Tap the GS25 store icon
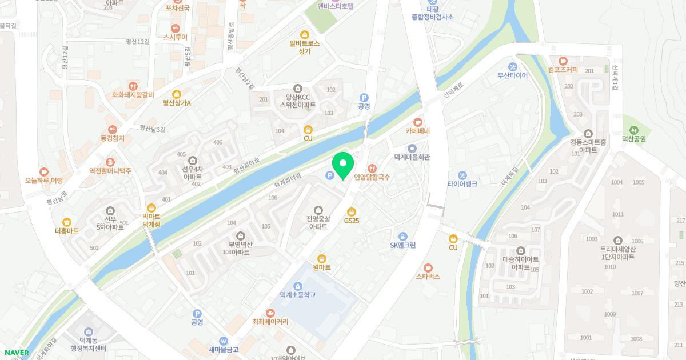[352, 211]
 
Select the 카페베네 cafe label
[417, 131]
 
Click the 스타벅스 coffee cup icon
[428, 267]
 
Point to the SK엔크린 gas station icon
[402, 237]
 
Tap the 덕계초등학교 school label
[297, 295]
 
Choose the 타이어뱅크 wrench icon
[462, 175]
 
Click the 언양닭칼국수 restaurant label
[372, 177]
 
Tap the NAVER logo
[16, 353]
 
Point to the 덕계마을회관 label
[412, 157]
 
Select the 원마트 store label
[321, 267]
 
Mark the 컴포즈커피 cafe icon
[563, 61]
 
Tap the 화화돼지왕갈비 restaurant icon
[133, 86]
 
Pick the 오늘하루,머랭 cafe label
[43, 181]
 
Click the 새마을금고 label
[223, 350]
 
